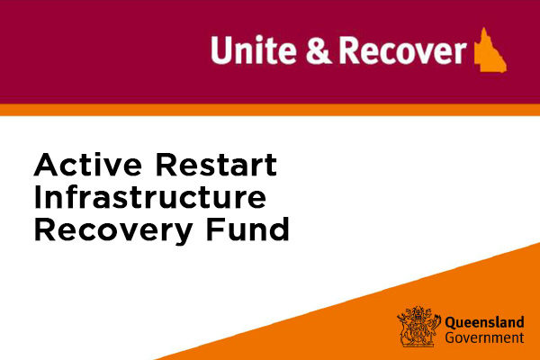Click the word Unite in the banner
254,50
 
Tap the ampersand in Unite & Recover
319,50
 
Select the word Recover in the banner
402,50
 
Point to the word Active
88,165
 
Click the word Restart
216,165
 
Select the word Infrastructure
150,197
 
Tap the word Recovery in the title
113,231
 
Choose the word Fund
247,229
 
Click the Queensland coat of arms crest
418,326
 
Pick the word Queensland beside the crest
484,323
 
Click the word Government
484,337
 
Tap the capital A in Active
47,165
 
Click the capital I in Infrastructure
37,197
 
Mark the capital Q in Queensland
450,323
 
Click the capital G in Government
450,337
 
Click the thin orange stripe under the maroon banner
270,110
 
